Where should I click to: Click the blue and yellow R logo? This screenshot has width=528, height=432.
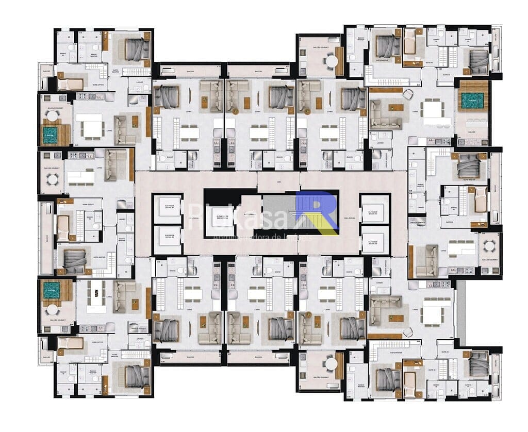pos(318,212)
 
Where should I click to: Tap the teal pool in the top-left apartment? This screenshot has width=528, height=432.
pos(50,136)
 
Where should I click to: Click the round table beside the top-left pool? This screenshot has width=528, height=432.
pos(53,116)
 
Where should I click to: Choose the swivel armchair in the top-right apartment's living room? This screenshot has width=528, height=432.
pos(407,94)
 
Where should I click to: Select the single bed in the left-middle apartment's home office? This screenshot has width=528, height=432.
pos(63,226)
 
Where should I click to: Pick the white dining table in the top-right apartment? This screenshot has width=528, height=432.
pos(431,109)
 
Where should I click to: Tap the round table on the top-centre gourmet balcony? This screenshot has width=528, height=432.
pos(331,61)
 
